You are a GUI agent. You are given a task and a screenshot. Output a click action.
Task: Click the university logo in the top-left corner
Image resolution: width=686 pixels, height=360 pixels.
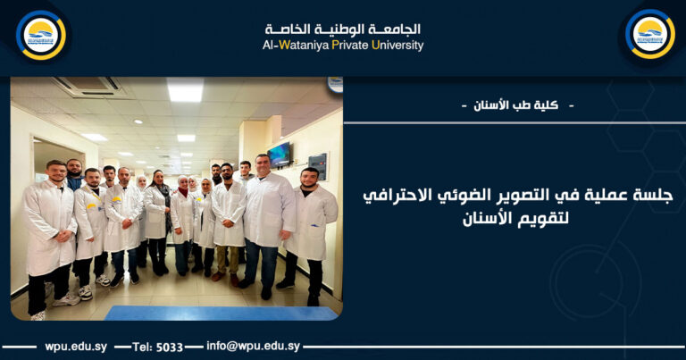point(40,35)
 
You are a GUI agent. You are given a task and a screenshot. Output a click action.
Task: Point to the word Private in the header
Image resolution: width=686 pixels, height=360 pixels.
point(349,46)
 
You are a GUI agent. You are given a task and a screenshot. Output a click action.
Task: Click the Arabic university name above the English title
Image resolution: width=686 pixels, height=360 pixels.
point(342,29)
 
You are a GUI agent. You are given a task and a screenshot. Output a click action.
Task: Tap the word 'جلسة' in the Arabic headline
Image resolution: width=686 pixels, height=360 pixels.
point(652,195)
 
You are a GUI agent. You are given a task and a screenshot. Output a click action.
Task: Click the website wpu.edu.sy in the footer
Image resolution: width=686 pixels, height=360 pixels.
point(75,347)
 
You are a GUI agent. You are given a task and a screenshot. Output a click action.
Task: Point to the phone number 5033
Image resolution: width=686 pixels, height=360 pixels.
point(170,347)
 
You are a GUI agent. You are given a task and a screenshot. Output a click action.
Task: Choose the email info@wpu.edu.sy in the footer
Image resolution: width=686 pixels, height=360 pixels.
point(253,346)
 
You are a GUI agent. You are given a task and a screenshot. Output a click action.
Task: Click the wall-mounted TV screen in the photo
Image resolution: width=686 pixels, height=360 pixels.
point(279,155)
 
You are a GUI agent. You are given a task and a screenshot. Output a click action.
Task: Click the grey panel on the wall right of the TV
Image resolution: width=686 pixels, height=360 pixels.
point(318,166)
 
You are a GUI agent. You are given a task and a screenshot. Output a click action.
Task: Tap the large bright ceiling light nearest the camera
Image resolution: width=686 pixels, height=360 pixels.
point(185,90)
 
